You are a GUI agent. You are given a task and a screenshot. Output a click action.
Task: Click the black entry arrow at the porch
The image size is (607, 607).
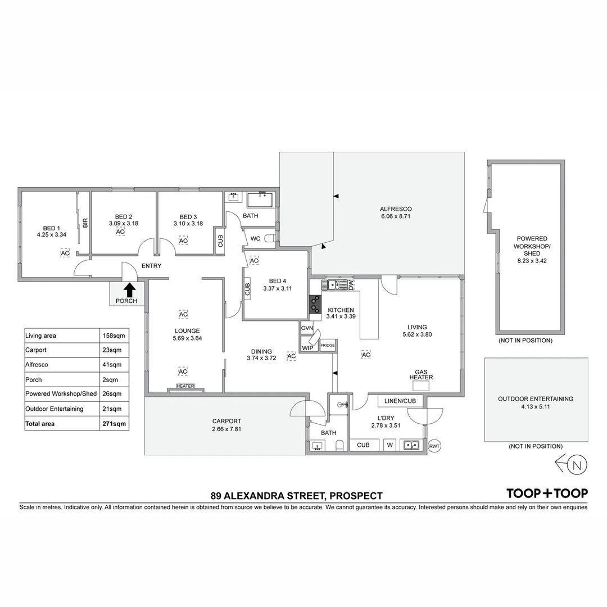[x=129, y=289]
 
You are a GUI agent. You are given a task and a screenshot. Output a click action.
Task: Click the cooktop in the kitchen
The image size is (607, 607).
[x=315, y=304]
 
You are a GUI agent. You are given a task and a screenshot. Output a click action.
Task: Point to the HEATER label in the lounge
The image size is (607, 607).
[x=185, y=386]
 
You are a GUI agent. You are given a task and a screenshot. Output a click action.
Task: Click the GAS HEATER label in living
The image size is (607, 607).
[x=421, y=375]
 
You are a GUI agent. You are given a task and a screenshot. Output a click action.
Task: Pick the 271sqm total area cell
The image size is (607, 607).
[x=114, y=423]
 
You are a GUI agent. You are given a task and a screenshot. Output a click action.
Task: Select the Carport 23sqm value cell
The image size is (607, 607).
[x=114, y=350]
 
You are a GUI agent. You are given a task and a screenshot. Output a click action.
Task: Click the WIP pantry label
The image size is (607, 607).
[x=307, y=347]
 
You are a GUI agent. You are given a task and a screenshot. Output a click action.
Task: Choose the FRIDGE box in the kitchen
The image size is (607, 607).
[x=328, y=345]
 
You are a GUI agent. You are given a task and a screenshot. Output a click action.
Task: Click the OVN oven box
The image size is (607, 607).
[x=307, y=328]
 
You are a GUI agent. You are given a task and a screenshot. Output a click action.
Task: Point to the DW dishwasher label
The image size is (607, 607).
[x=351, y=284]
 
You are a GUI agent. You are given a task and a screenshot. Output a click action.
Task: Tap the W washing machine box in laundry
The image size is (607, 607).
[x=389, y=445]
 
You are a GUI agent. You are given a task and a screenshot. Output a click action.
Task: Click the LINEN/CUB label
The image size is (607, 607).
[x=400, y=401]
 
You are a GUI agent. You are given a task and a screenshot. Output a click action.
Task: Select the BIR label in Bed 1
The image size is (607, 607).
[x=85, y=223]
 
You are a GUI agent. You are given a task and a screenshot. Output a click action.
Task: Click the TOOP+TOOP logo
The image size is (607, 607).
[x=547, y=493]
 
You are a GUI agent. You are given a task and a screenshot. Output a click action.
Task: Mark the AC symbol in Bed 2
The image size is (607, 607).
[x=120, y=232]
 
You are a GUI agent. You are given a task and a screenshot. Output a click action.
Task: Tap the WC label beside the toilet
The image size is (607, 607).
[x=255, y=238]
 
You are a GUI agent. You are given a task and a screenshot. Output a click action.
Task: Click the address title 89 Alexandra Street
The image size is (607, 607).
[x=296, y=496]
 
